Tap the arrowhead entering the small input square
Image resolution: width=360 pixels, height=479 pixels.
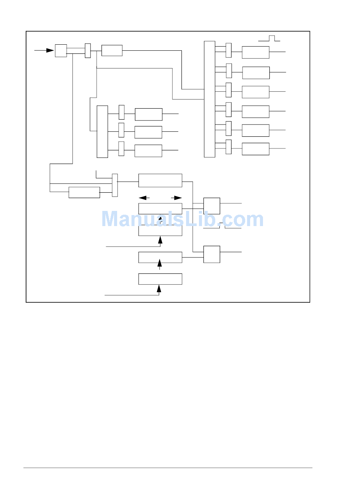pos(50,50)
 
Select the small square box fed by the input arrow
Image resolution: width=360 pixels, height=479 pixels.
pos(61,51)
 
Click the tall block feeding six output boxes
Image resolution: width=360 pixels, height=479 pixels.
pos(210,99)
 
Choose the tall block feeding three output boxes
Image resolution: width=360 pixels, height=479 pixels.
pos(102,132)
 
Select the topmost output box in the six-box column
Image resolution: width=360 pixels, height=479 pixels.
pos(256,52)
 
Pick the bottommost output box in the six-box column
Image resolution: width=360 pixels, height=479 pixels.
pos(256,149)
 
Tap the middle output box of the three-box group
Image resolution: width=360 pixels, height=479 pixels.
pos(148,132)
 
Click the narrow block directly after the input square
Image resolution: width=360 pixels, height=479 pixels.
pos(88,51)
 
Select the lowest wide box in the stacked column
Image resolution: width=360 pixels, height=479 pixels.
pos(160,279)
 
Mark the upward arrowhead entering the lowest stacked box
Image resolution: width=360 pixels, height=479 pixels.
pos(159,289)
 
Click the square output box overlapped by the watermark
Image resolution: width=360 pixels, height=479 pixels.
pos(212,206)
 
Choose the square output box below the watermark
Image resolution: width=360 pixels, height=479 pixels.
pos(212,254)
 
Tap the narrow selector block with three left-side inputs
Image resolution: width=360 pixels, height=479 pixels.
pos(115,185)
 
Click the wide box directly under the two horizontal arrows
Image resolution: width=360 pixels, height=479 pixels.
pos(160,209)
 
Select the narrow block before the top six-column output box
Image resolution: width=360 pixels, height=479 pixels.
pos(229,50)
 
